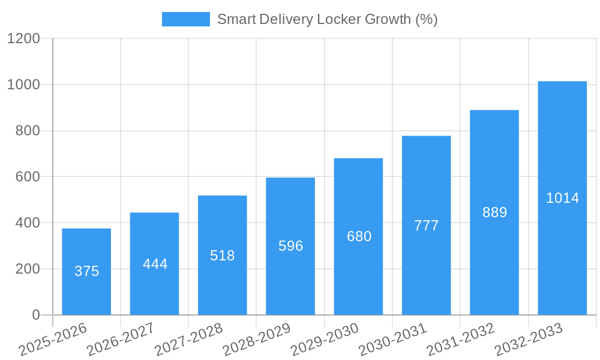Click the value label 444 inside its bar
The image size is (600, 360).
(x=155, y=264)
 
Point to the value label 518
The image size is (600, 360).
(x=223, y=256)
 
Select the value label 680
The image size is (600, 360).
(x=359, y=236)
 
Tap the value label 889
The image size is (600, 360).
(x=494, y=212)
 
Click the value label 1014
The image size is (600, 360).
(x=562, y=198)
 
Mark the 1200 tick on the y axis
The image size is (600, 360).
(x=23, y=39)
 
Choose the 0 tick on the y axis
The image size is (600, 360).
(x=35, y=315)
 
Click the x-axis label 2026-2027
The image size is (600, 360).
(x=120, y=340)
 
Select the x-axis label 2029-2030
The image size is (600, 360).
(x=324, y=340)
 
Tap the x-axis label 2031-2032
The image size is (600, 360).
(x=460, y=340)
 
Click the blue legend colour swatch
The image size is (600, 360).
(x=185, y=19)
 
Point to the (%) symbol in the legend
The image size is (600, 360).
(x=426, y=19)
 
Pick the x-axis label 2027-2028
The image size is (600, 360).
(x=188, y=340)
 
